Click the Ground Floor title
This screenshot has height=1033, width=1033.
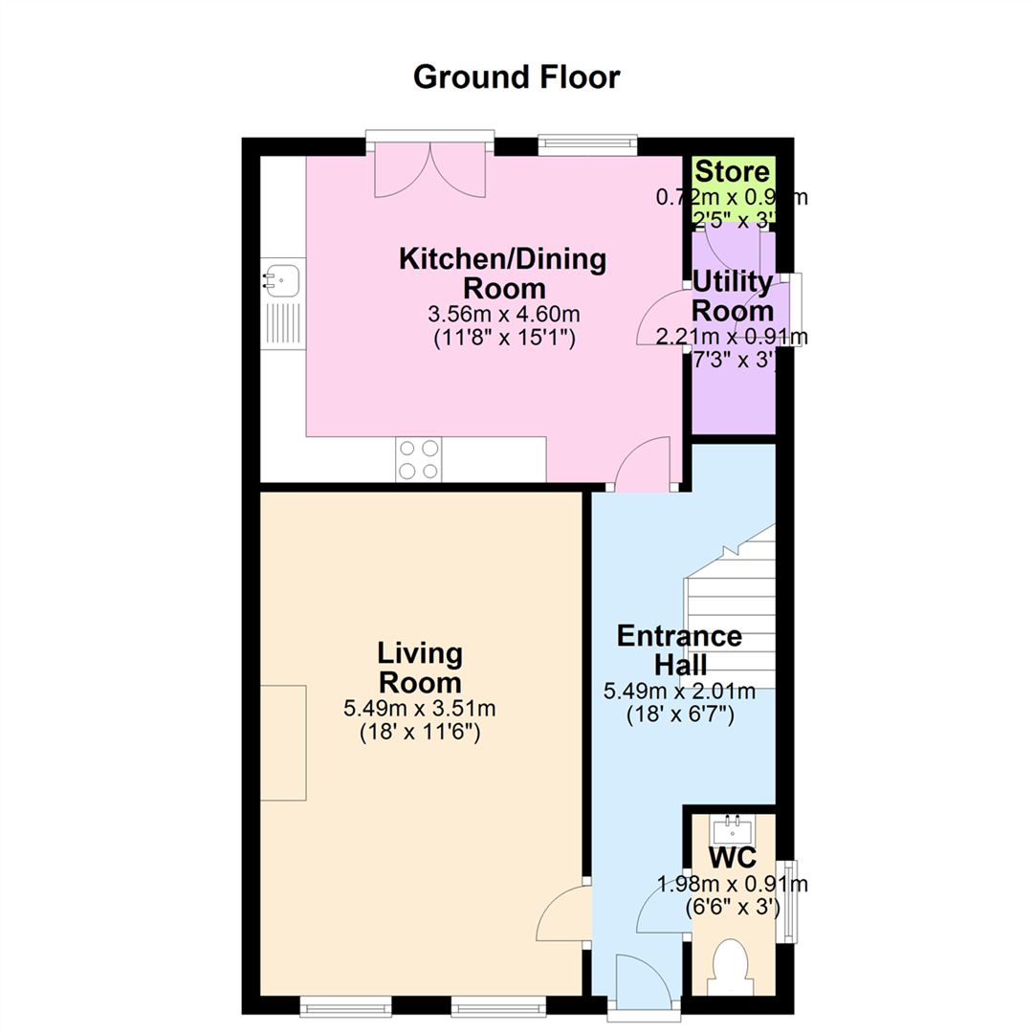coord(516,77)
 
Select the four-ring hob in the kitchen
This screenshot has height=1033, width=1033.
coord(419,459)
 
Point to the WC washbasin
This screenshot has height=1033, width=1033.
coord(735,824)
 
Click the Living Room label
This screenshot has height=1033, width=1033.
coord(421,669)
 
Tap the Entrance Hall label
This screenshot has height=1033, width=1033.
coord(679,649)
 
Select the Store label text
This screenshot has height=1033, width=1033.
coord(732,172)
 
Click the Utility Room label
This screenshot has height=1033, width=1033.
coord(733,297)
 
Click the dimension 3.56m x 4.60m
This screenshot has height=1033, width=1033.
coord(503,313)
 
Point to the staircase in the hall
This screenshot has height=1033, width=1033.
coord(732,612)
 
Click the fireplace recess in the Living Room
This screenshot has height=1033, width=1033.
coord(283,742)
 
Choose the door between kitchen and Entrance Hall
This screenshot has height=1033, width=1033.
coord(645,465)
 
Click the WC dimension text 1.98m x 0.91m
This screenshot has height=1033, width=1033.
coord(733,884)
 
